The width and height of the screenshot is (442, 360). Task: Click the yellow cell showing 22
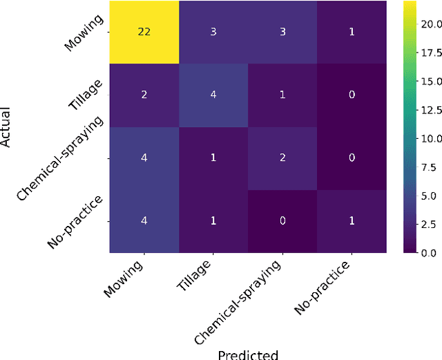145,32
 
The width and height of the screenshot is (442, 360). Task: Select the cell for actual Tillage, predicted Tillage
214,95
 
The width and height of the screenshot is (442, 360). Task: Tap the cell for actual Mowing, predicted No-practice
352,32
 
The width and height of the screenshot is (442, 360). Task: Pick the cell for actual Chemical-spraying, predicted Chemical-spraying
283,158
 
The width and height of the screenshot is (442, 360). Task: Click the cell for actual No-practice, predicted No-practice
352,220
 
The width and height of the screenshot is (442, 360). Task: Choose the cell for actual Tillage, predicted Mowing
145,95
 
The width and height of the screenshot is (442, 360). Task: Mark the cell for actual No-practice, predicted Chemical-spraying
283,220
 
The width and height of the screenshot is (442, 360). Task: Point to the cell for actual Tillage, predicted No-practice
352,95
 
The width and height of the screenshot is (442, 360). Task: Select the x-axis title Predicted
248,354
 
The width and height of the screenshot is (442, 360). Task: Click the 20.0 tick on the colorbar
428,24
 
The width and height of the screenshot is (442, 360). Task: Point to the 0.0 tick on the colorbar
428,253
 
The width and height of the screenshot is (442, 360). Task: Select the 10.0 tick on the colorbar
428,138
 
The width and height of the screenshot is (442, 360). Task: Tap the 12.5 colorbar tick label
428,110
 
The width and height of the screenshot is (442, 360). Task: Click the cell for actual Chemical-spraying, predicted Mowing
145,158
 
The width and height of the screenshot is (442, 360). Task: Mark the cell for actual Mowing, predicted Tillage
214,32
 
